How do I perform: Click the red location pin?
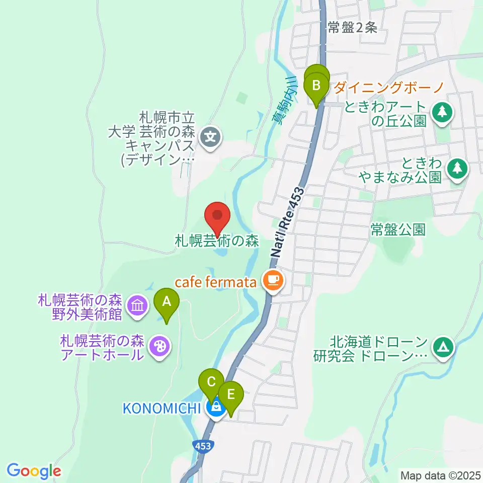[x=217, y=217]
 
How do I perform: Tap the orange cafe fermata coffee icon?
[x=273, y=279]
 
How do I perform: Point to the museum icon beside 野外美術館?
[x=137, y=305]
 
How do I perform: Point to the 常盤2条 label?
[x=352, y=28]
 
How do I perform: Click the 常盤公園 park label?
[x=398, y=230]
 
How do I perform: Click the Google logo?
[x=34, y=471]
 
